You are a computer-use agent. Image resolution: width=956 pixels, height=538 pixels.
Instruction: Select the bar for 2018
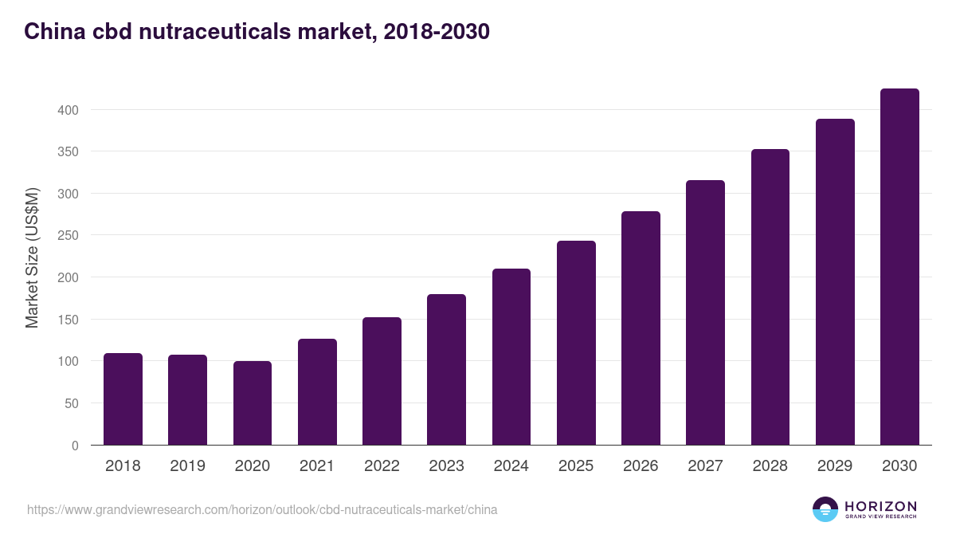click(123, 399)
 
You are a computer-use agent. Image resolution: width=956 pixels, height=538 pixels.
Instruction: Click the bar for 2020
click(253, 403)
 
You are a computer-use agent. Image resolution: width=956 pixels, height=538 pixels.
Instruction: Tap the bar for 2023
click(446, 370)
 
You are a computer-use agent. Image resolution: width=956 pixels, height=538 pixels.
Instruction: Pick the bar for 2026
click(641, 328)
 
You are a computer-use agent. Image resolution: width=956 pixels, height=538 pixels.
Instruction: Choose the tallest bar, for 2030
click(899, 267)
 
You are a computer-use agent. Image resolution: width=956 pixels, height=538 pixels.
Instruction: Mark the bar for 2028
click(770, 297)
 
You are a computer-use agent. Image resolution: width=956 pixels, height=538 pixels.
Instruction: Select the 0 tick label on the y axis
click(75, 446)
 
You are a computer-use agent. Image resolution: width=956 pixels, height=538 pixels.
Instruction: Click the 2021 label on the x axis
click(317, 466)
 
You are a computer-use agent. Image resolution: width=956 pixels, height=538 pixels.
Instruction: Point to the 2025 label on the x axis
click(576, 466)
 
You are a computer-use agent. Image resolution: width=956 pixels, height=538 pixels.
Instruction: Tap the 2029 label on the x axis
click(835, 466)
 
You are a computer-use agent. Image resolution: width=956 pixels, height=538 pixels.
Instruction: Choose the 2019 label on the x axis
click(187, 466)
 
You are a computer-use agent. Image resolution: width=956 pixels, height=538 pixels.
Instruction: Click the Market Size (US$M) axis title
click(32, 257)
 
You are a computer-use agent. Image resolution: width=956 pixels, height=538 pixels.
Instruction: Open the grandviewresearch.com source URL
click(262, 509)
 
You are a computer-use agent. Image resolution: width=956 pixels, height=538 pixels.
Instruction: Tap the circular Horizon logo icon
click(825, 509)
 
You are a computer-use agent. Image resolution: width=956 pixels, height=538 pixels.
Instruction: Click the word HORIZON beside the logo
click(880, 506)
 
